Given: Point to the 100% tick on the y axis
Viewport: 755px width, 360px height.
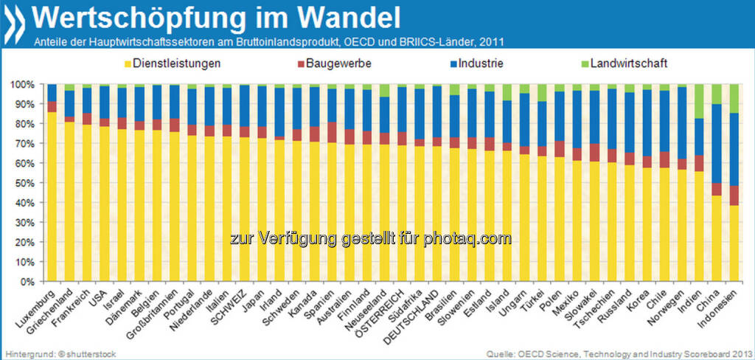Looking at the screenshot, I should tap(22, 85).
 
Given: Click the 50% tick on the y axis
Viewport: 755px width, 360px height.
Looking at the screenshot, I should tap(24, 183).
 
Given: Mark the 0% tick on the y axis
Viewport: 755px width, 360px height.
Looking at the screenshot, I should tap(27, 282).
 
